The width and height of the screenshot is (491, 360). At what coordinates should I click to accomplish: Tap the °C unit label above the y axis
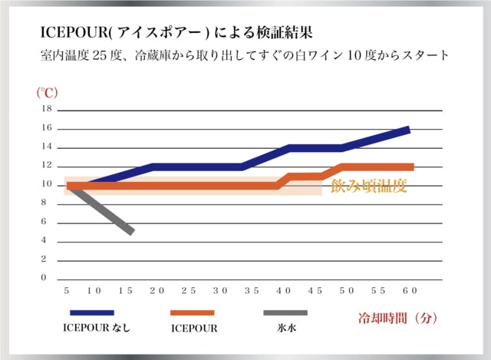point(48,92)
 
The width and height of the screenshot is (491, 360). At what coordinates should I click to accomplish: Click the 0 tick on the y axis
point(44,278)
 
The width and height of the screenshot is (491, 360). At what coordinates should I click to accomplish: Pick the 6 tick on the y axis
point(44,222)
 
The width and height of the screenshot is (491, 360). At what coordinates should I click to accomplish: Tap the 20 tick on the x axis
point(157,290)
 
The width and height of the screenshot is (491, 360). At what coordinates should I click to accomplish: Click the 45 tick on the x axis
point(315,290)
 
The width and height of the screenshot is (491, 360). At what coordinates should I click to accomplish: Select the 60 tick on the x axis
point(409,290)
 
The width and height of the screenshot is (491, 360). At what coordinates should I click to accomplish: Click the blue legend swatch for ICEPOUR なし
point(92,313)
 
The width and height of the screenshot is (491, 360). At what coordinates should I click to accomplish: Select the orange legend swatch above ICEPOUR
point(192,313)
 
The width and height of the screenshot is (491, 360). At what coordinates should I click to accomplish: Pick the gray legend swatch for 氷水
point(285,313)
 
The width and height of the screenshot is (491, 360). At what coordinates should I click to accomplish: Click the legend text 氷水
point(285,328)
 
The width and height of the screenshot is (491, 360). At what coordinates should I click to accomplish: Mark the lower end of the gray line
point(132,231)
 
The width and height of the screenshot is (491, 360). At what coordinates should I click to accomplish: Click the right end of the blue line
point(409,129)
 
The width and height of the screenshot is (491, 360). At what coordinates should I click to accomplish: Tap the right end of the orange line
point(413,167)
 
